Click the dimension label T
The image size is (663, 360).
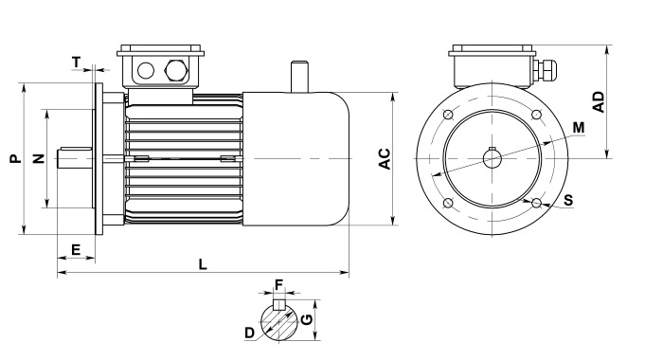click(x=76, y=63)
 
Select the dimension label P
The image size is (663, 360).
click(x=16, y=158)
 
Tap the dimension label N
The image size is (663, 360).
click(x=39, y=158)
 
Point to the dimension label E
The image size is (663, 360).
click(x=76, y=249)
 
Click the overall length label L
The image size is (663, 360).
click(x=203, y=265)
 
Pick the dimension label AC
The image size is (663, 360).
click(x=385, y=158)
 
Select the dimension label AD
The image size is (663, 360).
click(x=599, y=102)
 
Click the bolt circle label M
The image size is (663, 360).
click(x=579, y=127)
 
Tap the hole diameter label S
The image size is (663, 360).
click(x=568, y=200)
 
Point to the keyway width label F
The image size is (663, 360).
click(x=278, y=285)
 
